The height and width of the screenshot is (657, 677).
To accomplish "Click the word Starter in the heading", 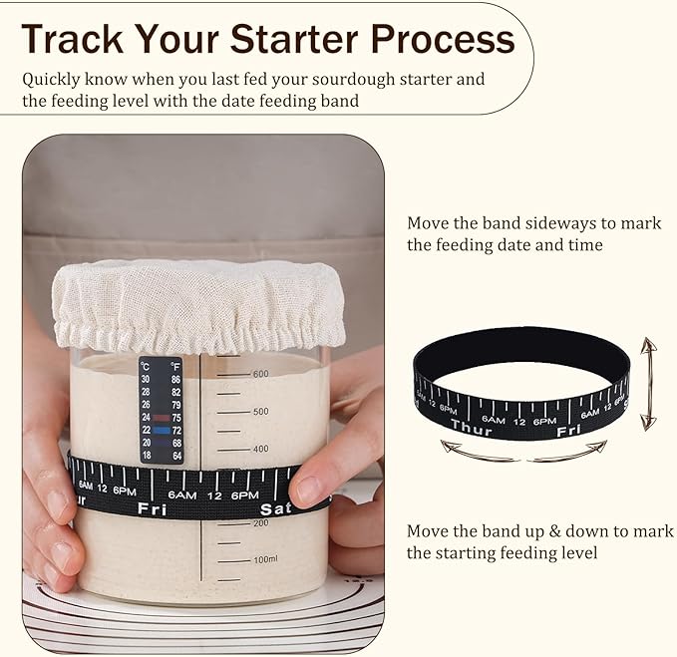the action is (294, 39).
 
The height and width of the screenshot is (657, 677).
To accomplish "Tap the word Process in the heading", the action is (442, 39).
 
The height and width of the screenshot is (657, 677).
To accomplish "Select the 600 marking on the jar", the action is (260, 374).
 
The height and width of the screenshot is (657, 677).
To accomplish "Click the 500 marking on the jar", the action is (260, 412).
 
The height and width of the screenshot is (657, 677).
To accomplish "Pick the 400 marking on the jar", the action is (260, 449).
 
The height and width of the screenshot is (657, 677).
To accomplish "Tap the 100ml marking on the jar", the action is (265, 559).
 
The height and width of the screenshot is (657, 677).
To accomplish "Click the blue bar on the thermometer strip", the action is (162, 430).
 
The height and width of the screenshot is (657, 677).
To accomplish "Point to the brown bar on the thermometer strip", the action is (162, 418).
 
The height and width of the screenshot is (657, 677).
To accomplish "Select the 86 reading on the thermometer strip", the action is (175, 380).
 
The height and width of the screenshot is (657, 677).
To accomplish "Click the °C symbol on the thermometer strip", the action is (145, 367).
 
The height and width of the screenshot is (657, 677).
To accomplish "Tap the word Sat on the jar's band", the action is (275, 509).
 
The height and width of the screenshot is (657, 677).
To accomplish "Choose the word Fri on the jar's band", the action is (152, 508).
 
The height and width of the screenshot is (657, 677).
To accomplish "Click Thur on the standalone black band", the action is (471, 427).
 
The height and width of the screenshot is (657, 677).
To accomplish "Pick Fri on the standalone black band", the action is (568, 431).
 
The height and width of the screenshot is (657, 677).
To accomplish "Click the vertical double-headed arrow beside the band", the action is (648, 384).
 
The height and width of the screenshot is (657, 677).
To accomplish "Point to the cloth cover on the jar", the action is (198, 304).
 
